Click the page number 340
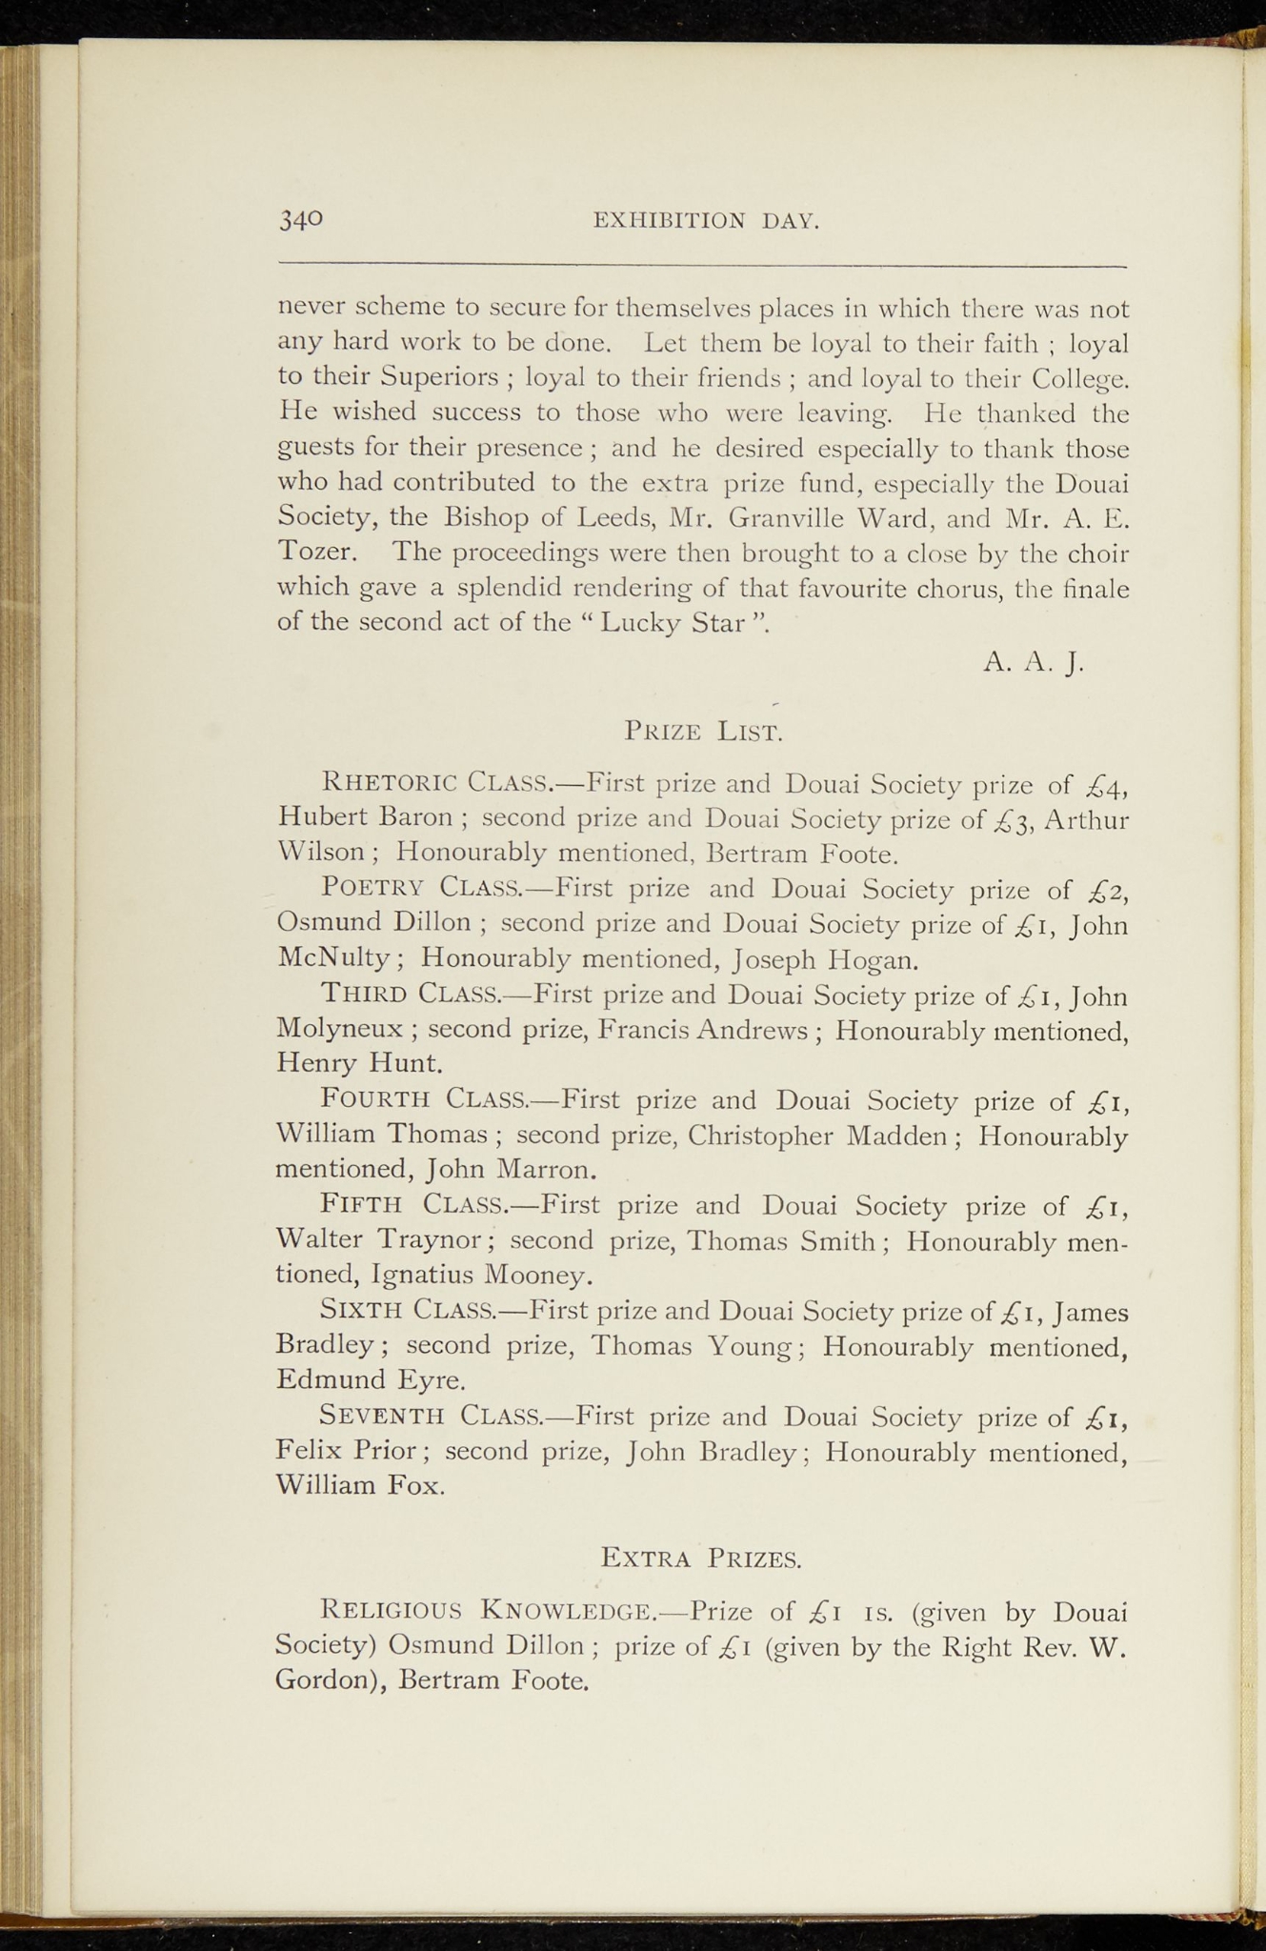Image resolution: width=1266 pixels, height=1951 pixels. [301, 219]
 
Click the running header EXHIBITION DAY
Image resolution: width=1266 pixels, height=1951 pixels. [706, 221]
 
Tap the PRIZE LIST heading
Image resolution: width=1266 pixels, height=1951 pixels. [703, 732]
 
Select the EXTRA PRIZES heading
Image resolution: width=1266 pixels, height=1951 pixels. [701, 1559]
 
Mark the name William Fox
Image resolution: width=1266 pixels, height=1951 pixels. [359, 1485]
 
